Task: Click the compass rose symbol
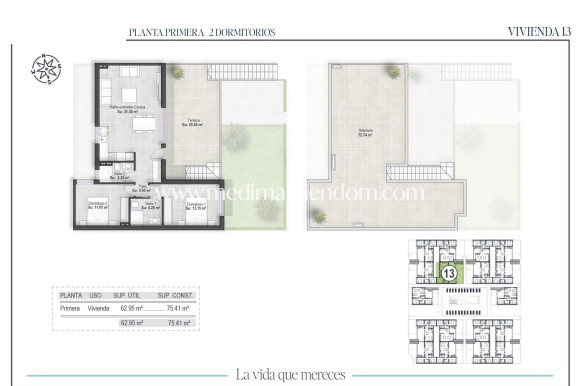46,68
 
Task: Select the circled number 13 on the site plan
449,272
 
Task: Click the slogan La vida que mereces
291,375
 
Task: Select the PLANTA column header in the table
71,296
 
